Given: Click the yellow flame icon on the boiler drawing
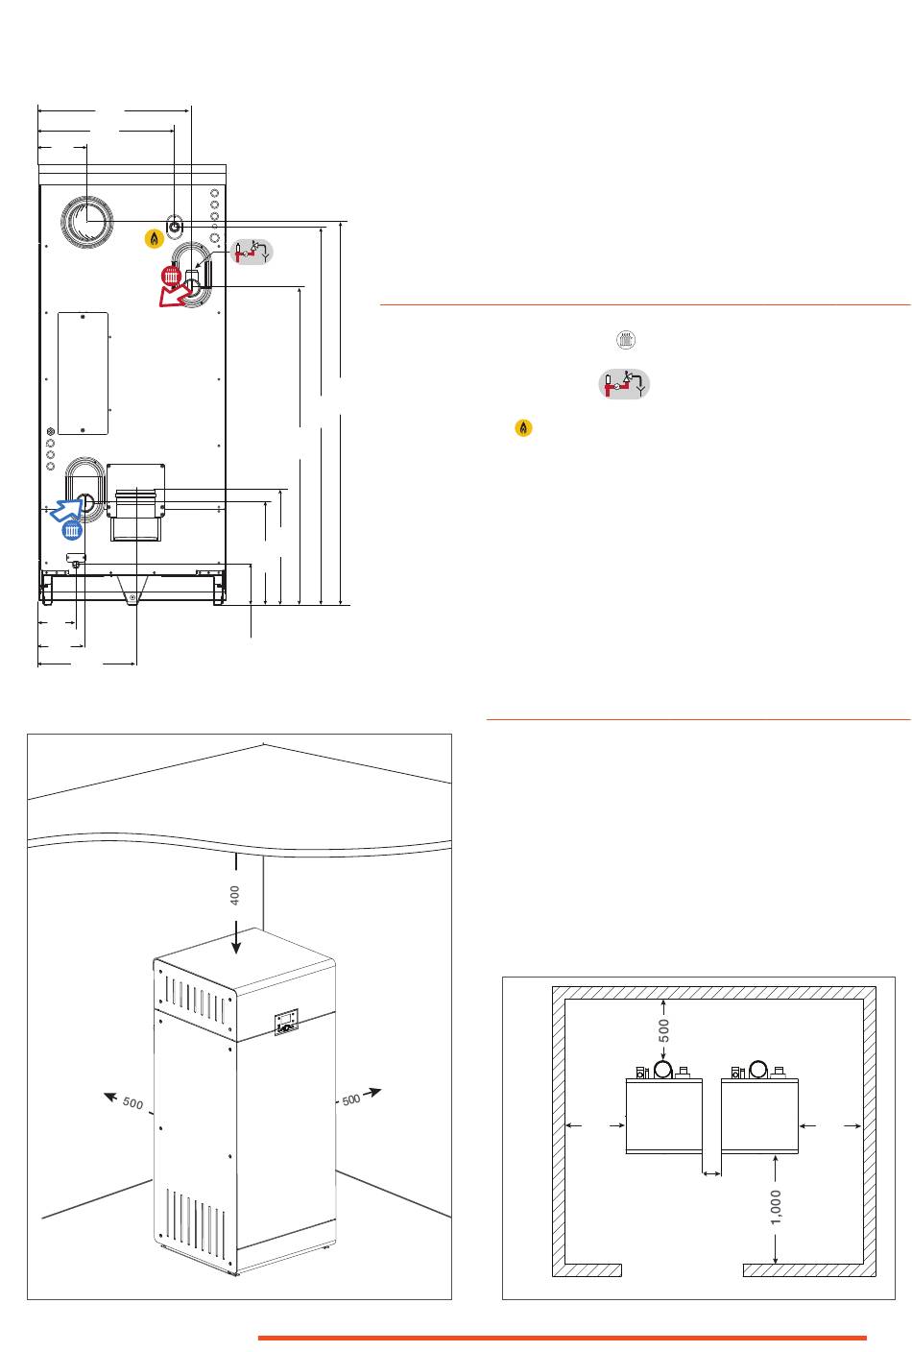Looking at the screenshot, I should pyautogui.click(x=154, y=239).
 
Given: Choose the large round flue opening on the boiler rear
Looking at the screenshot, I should pyautogui.click(x=87, y=223).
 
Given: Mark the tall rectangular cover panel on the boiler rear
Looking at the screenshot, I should pyautogui.click(x=84, y=373).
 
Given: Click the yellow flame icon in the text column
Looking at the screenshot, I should pyautogui.click(x=523, y=428).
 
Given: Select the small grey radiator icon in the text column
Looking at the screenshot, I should pyautogui.click(x=625, y=340).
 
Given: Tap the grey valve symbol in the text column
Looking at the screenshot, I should pyautogui.click(x=624, y=383).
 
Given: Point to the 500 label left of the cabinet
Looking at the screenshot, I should pyautogui.click(x=132, y=1104).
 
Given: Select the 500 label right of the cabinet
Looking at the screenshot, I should pyautogui.click(x=351, y=1098).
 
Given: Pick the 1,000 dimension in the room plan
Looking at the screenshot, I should pyautogui.click(x=776, y=1207).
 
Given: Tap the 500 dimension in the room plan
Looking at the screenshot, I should pyautogui.click(x=663, y=1030).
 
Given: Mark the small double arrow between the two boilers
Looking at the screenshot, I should pyautogui.click(x=711, y=1172).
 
